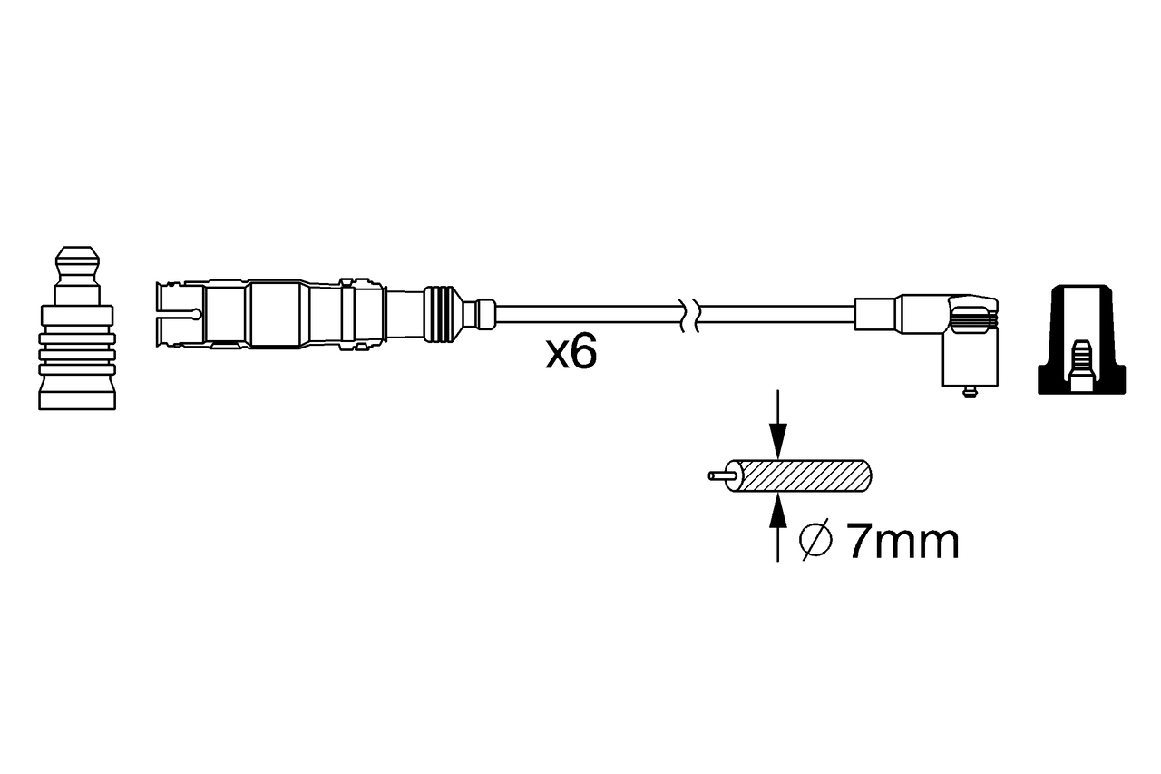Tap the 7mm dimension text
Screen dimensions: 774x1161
pyautogui.click(x=902, y=542)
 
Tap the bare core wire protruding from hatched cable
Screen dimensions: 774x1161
pyautogui.click(x=721, y=475)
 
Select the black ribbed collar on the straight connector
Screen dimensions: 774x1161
pyautogui.click(x=440, y=315)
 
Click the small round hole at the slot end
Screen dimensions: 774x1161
pyautogui.click(x=196, y=315)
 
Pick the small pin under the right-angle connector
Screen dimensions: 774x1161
pyautogui.click(x=969, y=391)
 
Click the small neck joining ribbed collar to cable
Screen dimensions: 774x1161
pyautogui.click(x=479, y=314)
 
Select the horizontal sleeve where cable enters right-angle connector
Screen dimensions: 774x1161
pyautogui.click(x=875, y=314)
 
